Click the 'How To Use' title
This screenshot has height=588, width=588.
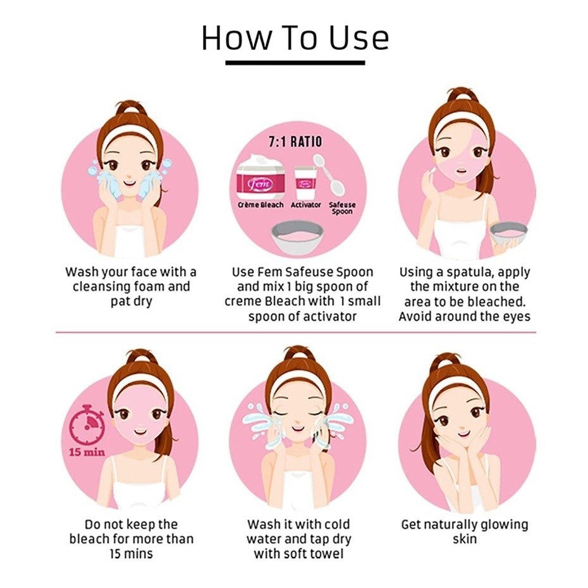click(x=295, y=38)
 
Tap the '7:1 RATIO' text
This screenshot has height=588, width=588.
click(x=295, y=142)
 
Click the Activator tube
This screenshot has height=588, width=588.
click(x=305, y=183)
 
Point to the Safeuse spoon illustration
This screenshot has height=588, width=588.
click(x=329, y=175)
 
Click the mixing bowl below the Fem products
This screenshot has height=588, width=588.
click(x=297, y=238)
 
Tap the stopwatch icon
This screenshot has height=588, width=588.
click(x=87, y=424)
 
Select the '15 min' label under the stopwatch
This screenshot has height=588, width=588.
click(x=87, y=452)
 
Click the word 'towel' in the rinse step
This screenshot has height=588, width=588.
click(x=326, y=553)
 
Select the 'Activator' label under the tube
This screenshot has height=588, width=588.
click(x=306, y=205)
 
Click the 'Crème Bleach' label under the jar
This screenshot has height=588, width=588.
click(x=260, y=205)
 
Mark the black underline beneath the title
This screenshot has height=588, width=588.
click(x=295, y=63)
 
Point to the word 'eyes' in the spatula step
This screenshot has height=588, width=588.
click(x=517, y=317)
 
